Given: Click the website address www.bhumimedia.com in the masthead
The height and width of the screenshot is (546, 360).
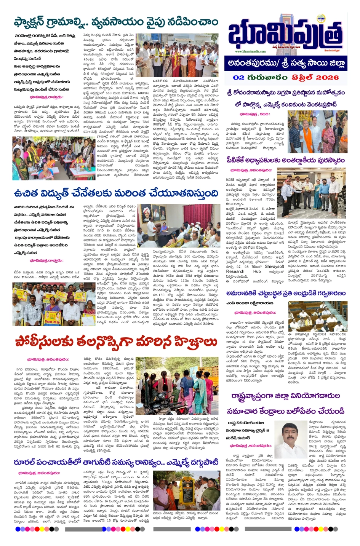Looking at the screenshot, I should point(250,51).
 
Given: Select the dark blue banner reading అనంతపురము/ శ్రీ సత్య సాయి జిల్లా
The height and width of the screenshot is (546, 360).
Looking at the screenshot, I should point(286,63).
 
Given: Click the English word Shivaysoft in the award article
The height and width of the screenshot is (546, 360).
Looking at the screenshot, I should point(274,267).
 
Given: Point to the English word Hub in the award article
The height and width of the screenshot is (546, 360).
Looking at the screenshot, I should point(257,271).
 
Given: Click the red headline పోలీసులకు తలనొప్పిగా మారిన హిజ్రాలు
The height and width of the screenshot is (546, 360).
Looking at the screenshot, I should point(116,341).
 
